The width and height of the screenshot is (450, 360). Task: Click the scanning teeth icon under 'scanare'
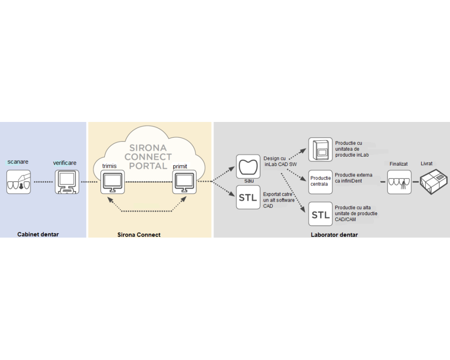18,182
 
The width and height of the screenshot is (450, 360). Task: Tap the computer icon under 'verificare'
67,182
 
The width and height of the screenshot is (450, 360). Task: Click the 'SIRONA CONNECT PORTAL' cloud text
148,157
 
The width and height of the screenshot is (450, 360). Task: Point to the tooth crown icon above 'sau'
248,166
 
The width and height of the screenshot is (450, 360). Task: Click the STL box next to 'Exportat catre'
248,198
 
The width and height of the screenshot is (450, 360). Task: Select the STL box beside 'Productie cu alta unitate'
320,214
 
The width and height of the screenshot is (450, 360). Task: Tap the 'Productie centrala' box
320,181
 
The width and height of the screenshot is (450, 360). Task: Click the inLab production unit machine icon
320,149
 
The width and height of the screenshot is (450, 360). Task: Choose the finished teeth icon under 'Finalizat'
399,182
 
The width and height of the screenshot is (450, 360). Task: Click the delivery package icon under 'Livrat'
433,182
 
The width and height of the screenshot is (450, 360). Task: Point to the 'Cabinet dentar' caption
38,234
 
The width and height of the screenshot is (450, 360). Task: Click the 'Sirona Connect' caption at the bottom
139,234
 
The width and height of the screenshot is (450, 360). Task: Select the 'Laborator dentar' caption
334,234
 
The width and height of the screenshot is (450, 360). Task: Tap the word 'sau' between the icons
249,181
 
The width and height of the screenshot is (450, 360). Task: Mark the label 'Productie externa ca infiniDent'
354,178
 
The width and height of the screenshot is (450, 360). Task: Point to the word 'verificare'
64,162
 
